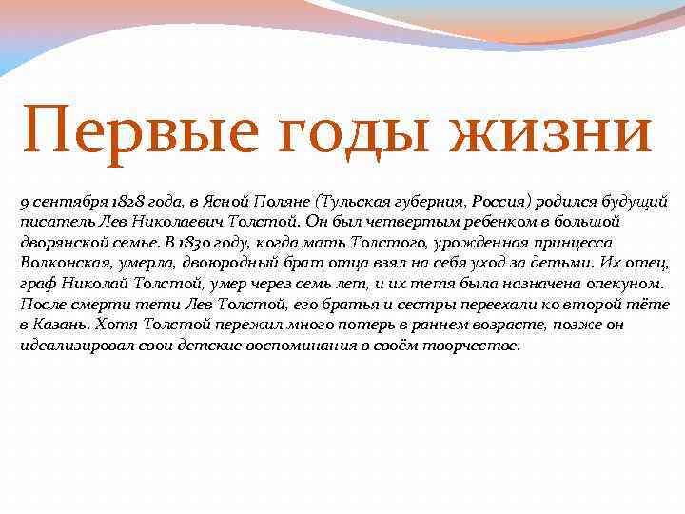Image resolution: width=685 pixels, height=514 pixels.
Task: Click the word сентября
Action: coord(66,201)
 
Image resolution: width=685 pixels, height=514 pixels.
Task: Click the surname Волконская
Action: coord(64,262)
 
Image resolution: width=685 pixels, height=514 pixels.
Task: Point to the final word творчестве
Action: coord(475,345)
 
